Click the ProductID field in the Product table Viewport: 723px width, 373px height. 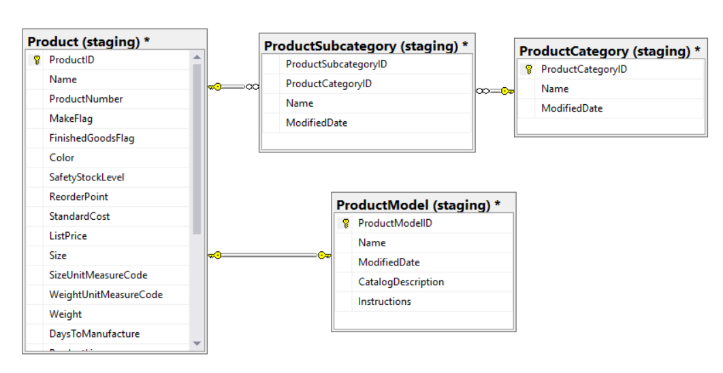71,60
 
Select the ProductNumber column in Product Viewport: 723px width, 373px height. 86,99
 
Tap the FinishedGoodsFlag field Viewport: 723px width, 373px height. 91,138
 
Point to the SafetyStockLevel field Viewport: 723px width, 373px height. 86,177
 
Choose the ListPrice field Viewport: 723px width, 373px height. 68,236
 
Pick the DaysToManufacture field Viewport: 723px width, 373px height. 94,334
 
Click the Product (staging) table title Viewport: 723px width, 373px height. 89,42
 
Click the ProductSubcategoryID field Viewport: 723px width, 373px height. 336,64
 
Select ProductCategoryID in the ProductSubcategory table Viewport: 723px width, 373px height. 329,84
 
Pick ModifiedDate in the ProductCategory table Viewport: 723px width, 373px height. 572,108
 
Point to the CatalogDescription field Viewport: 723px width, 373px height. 401,282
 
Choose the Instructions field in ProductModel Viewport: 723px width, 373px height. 385,302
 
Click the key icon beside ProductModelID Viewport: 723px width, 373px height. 346,223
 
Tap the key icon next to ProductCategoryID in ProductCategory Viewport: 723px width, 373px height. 528,69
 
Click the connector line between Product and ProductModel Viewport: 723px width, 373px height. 269,256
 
